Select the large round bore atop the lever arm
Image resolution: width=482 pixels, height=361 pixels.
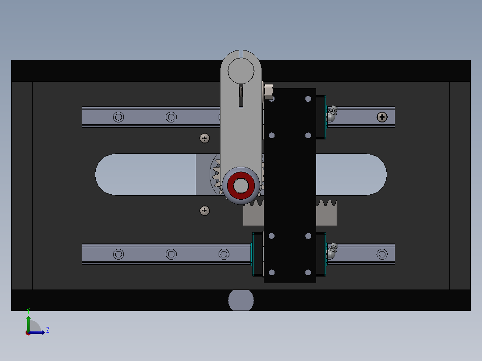point(241,71)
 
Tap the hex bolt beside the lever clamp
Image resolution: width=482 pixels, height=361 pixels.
point(268,91)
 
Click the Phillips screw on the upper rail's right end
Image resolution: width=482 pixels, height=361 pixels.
point(382,117)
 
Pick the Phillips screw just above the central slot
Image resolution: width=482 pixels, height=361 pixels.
point(204,138)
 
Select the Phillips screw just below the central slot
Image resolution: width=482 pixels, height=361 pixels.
point(204,210)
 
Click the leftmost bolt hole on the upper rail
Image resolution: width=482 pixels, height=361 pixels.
point(118,117)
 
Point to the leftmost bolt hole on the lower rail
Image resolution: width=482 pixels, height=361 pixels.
point(118,254)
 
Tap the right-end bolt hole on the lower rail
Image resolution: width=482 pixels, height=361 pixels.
point(382,254)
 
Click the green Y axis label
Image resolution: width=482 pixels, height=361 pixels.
point(28,310)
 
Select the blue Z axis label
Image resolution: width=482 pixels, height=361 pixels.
point(47,330)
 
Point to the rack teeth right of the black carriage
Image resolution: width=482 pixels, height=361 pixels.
point(326,204)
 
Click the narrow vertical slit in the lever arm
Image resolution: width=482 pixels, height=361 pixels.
point(241,96)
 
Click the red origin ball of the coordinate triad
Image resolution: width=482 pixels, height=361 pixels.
point(28,333)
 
